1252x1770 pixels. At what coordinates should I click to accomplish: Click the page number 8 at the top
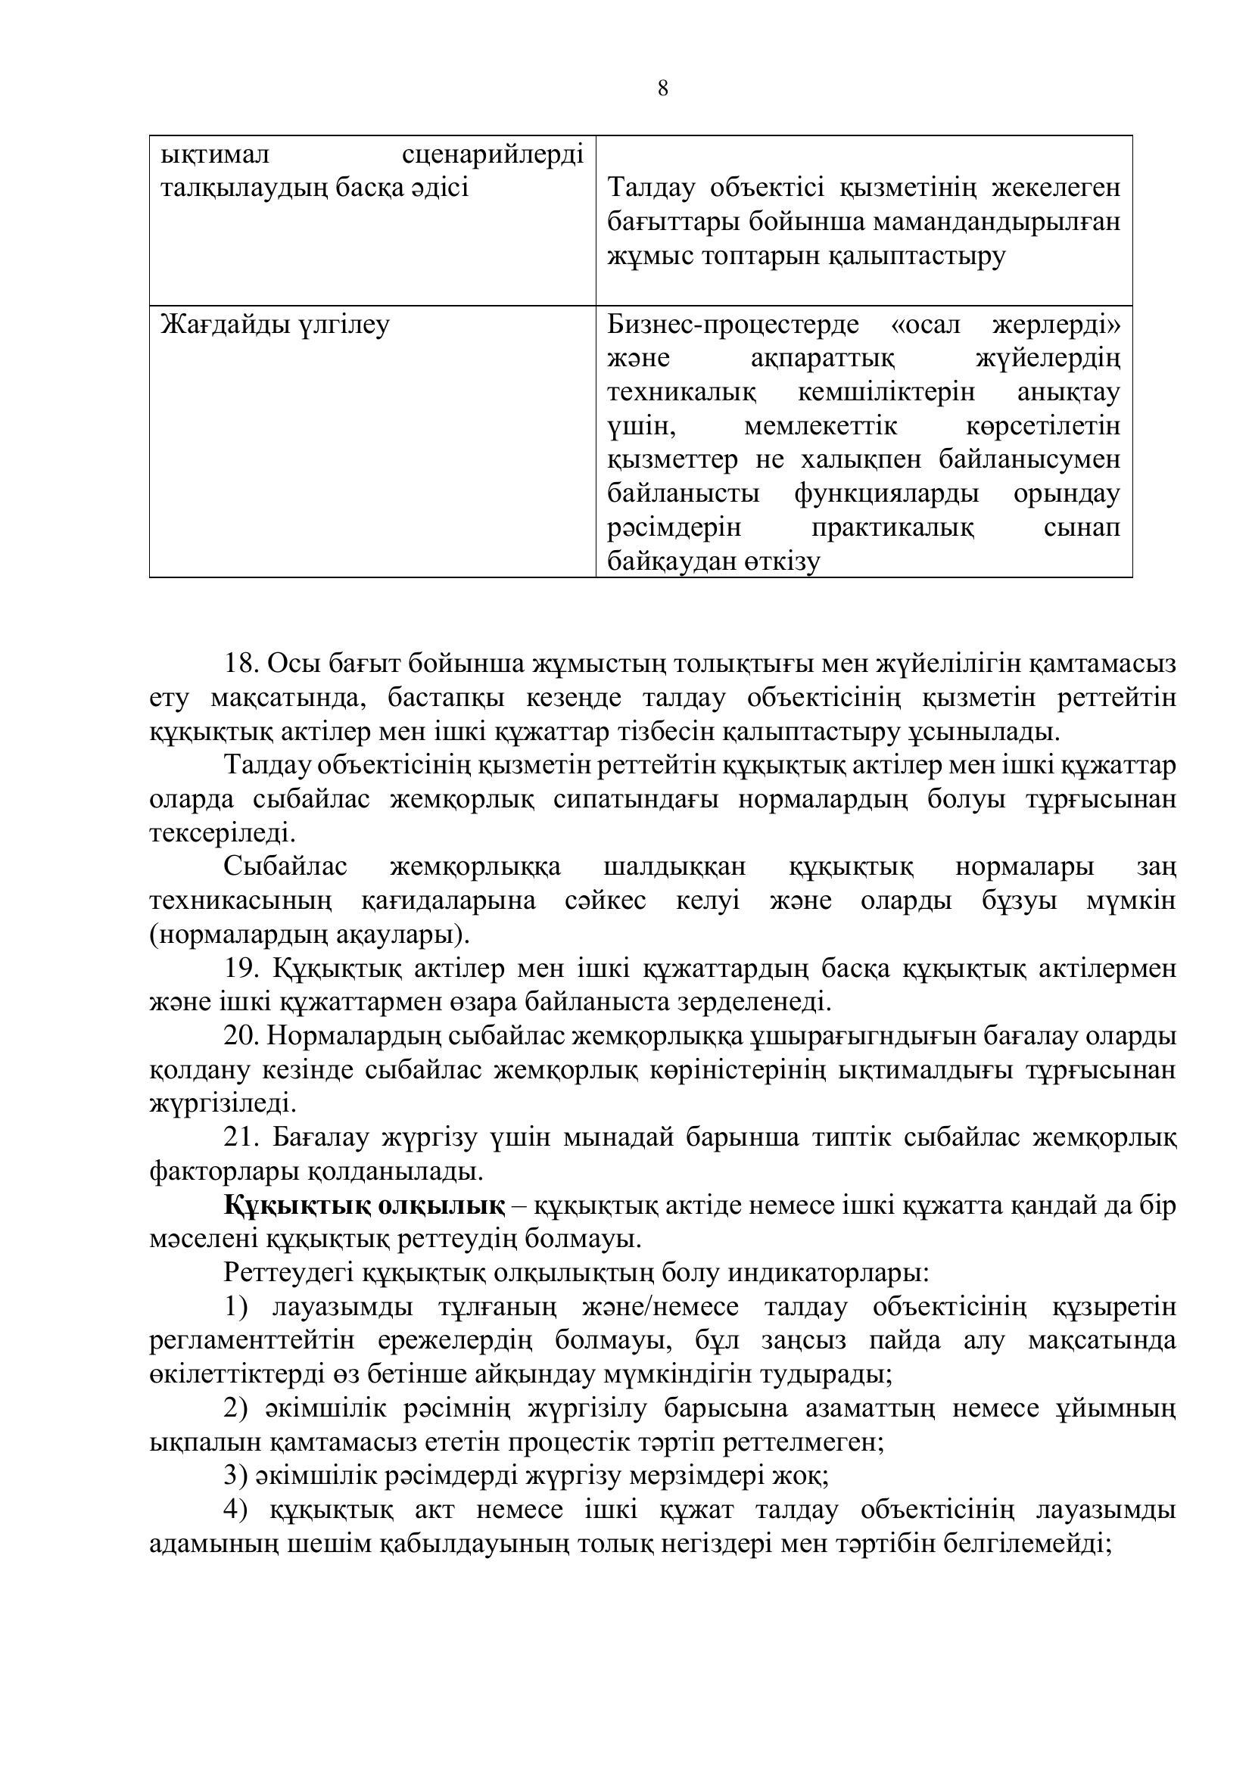[x=663, y=89]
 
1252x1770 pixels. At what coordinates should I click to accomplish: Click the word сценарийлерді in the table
[x=494, y=155]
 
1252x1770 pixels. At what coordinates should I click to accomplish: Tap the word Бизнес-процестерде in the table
[x=733, y=325]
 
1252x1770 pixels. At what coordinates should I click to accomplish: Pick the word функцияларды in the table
[x=886, y=493]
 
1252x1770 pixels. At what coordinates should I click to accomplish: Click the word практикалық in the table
[x=892, y=528]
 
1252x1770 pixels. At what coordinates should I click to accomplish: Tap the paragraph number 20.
[x=241, y=1037]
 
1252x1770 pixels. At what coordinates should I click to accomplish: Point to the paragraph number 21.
[x=241, y=1138]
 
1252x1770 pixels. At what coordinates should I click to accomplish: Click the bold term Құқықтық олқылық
[x=365, y=1205]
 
